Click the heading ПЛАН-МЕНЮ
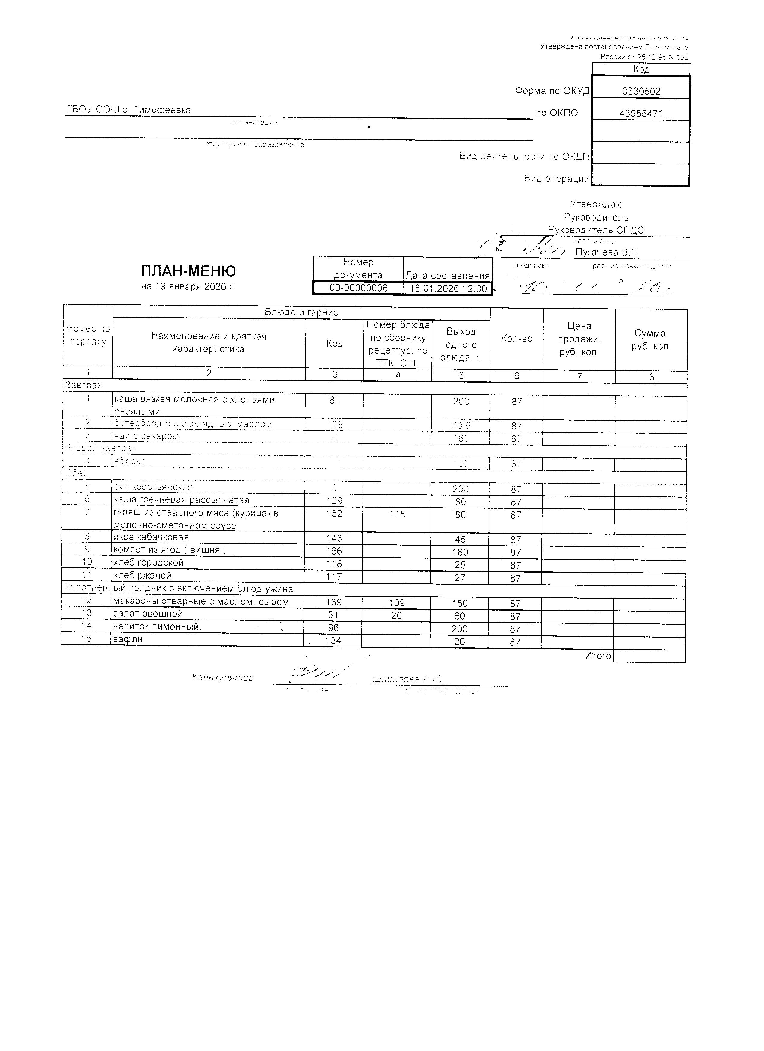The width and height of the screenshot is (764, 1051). tap(188, 271)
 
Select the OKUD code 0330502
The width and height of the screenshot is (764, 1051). tap(641, 91)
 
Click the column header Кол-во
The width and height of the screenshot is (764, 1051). tap(517, 339)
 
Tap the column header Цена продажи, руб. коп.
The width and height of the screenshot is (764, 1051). tap(579, 339)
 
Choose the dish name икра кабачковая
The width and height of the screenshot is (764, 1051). tap(151, 537)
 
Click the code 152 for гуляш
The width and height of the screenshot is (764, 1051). tap(334, 514)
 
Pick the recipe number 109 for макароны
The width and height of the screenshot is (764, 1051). tap(397, 603)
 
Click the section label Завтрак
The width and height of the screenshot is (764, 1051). tap(83, 385)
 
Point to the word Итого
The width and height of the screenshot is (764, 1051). tap(598, 656)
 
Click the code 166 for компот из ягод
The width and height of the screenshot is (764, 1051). tap(334, 551)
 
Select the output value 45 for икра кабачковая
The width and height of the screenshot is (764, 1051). tap(460, 539)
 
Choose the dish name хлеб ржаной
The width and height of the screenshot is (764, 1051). tap(143, 576)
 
